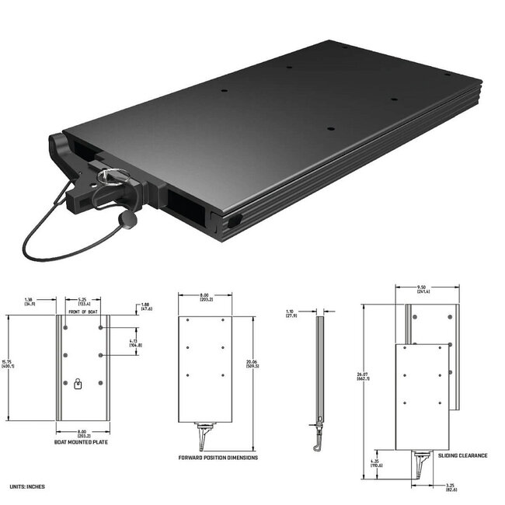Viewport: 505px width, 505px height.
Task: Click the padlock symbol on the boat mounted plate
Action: point(78,383)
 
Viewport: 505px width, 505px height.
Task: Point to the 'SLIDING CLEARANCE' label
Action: point(463,455)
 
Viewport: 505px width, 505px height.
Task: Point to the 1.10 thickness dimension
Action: point(291,313)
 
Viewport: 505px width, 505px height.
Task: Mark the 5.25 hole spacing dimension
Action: point(82,301)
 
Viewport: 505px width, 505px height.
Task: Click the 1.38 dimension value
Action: point(30,301)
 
